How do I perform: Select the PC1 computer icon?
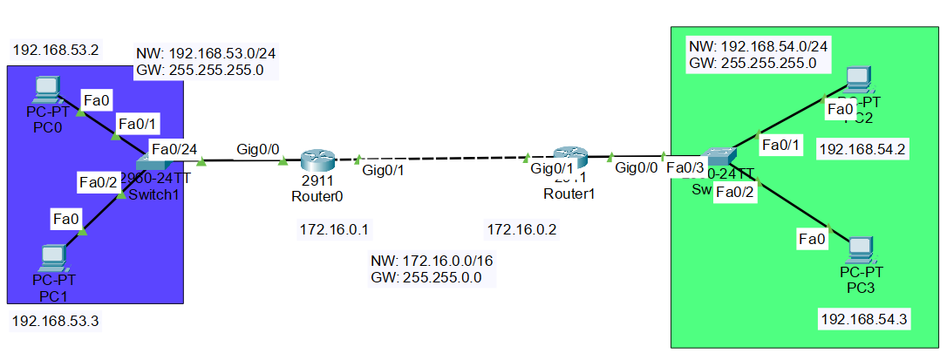[54, 256]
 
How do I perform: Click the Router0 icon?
[317, 161]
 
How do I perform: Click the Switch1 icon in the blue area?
[153, 163]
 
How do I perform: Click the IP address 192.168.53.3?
[56, 322]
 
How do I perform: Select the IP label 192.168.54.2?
[863, 150]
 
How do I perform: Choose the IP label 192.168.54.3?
[864, 319]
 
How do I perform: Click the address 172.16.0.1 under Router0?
[334, 230]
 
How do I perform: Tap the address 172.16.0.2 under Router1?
[521, 230]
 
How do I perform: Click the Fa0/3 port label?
[685, 168]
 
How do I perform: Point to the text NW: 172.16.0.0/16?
[433, 262]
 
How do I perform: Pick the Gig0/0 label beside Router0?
[258, 149]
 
